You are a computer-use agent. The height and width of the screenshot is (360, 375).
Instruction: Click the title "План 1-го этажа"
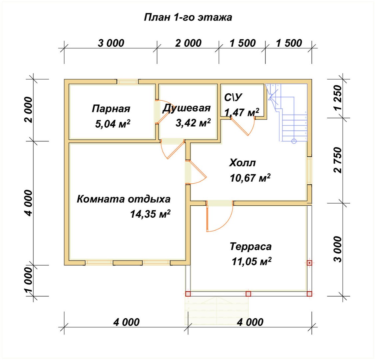188,17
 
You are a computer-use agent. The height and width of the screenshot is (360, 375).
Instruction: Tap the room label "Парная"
111,109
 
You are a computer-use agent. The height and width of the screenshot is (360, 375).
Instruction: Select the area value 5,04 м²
113,124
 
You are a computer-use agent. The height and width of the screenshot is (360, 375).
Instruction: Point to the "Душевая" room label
187,108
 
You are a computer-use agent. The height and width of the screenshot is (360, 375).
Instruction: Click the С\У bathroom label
233,97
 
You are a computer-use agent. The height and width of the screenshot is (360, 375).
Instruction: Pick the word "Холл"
242,163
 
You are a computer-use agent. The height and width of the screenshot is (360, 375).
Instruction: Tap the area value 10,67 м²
250,178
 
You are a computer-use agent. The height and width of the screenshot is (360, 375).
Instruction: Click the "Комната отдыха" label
124,199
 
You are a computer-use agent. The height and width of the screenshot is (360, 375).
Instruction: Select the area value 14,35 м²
150,214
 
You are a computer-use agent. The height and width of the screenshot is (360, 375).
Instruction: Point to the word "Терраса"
251,247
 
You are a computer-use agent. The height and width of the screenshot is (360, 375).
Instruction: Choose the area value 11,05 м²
251,261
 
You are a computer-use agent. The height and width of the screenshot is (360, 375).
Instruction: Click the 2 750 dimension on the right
338,160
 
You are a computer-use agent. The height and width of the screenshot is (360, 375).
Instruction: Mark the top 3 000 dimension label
111,43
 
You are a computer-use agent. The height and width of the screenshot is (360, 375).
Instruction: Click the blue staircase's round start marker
294,141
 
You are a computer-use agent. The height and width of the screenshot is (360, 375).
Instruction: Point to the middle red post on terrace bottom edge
248,294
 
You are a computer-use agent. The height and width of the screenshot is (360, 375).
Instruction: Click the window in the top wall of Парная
128,82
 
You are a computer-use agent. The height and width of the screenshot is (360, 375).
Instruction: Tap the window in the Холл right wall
309,170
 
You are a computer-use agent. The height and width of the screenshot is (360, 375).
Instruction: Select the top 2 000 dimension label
188,43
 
